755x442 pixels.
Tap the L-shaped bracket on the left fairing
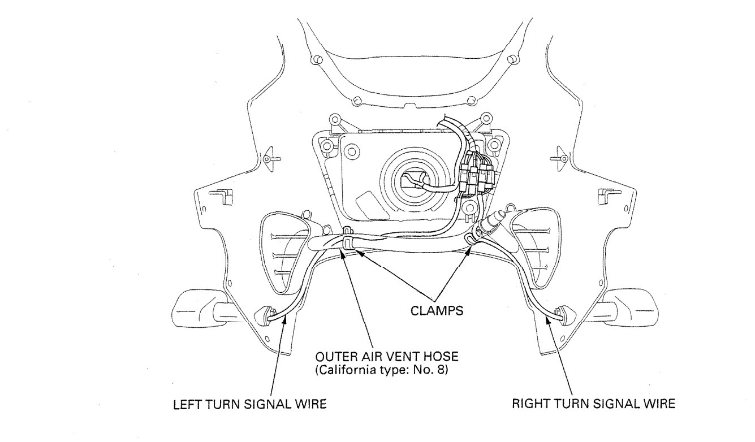point(217,196)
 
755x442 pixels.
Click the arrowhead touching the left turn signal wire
point(288,320)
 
